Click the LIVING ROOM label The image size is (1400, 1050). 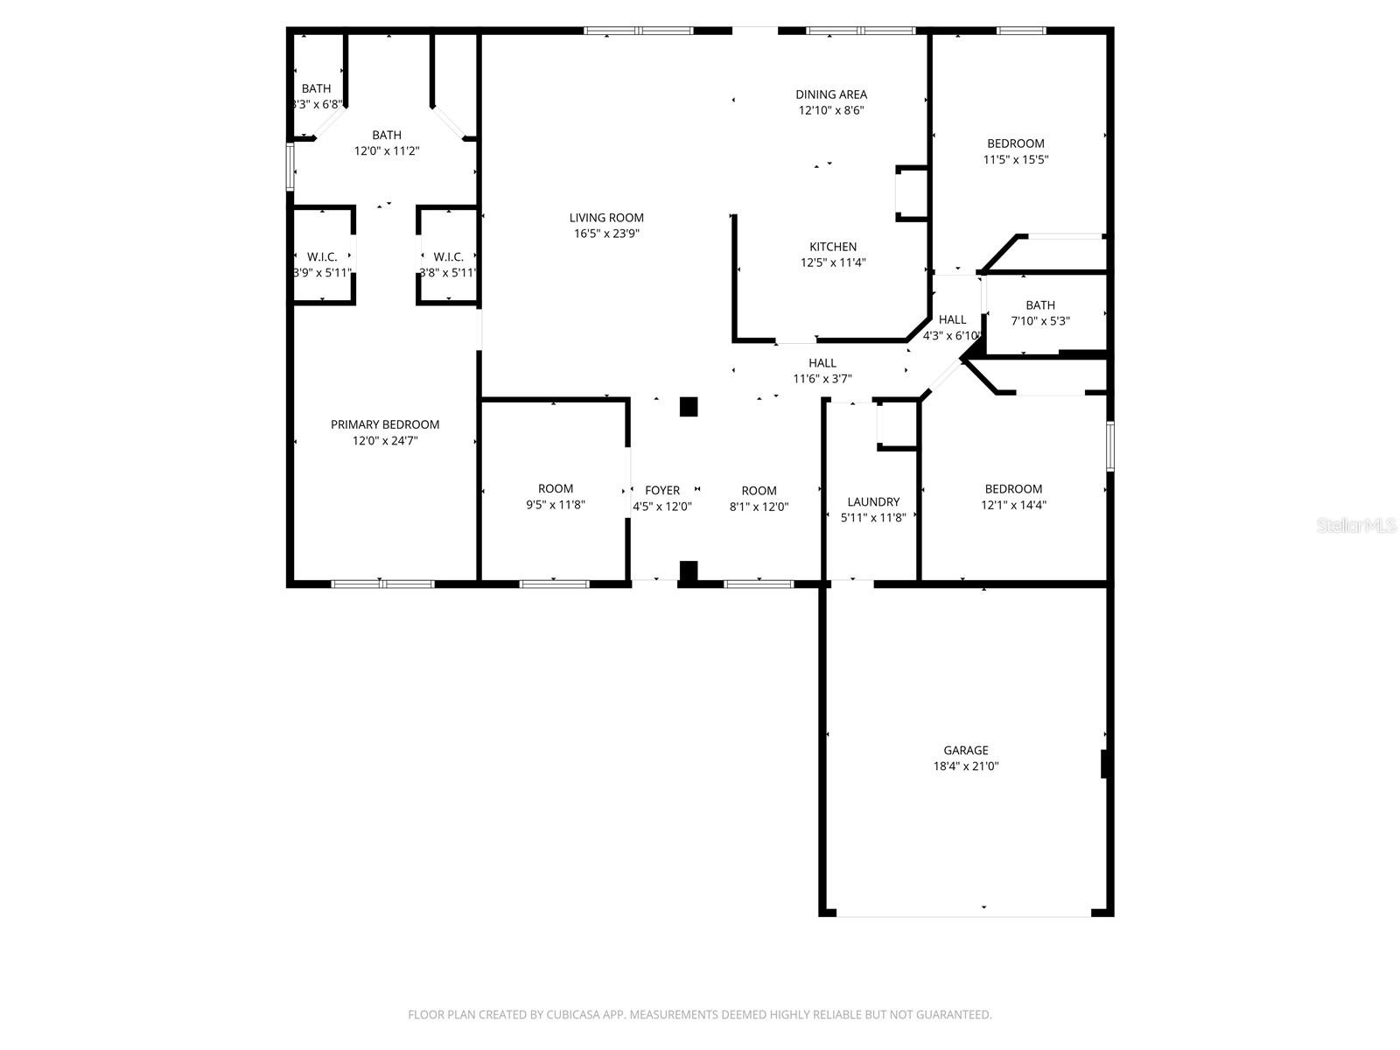606,218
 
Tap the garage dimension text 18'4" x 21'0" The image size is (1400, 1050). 966,766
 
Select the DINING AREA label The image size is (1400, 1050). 831,94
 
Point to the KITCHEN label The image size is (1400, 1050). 833,247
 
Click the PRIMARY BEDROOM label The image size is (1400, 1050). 385,424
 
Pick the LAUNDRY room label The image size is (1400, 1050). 873,501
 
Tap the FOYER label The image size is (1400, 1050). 662,490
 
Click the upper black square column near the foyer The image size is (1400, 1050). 689,407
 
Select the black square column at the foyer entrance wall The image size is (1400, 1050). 689,571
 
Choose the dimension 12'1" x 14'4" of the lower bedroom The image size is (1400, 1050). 1014,505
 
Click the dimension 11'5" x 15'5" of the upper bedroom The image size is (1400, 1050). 1016,159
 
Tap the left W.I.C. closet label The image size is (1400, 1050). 322,256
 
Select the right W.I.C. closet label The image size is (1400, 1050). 448,256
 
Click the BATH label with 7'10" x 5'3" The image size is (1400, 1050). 1040,304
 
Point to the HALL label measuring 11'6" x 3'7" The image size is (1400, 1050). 822,362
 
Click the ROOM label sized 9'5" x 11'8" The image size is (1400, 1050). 556,488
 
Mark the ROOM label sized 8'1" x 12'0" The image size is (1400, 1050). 759,490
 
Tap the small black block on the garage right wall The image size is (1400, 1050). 1106,764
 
